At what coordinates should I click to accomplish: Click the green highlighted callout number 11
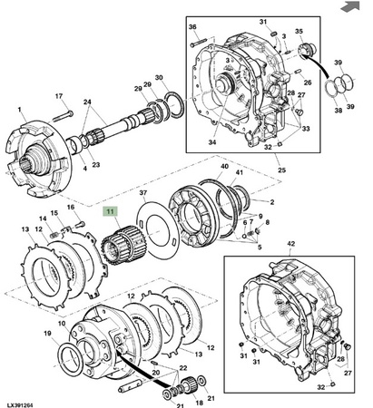(x=110, y=211)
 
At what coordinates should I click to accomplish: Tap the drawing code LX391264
(x=20, y=405)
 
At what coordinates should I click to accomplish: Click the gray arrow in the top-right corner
(x=350, y=6)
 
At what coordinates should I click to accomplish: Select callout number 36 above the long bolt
(x=192, y=27)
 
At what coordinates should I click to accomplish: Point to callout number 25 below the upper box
(x=281, y=170)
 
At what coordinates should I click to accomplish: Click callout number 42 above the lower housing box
(x=290, y=244)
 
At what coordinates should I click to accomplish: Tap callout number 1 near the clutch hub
(x=20, y=110)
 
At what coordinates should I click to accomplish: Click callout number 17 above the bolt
(x=59, y=96)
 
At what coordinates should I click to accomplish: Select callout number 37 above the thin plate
(x=143, y=193)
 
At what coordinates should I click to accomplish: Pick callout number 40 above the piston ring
(x=224, y=167)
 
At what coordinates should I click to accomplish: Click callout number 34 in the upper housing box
(x=212, y=141)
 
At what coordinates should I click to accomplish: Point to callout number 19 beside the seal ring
(x=47, y=334)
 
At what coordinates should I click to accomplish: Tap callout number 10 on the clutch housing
(x=62, y=324)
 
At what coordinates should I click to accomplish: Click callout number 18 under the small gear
(x=199, y=403)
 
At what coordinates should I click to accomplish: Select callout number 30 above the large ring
(x=159, y=78)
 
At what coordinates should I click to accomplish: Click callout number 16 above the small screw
(x=71, y=207)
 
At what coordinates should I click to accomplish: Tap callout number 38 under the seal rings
(x=339, y=111)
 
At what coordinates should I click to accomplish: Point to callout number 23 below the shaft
(x=96, y=165)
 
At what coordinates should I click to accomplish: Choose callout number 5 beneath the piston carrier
(x=260, y=248)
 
